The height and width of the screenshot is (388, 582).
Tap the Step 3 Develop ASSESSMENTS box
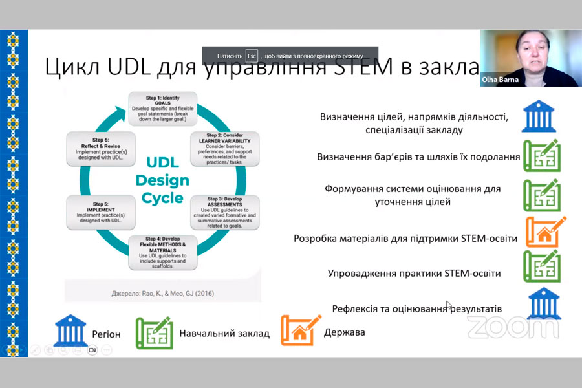(x=224, y=211)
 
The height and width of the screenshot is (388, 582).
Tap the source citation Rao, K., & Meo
(x=162, y=294)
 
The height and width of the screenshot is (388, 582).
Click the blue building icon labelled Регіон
(x=70, y=330)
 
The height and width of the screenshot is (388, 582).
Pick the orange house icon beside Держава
(x=301, y=330)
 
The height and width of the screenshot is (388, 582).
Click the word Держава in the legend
(x=344, y=332)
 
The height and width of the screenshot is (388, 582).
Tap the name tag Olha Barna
(x=500, y=80)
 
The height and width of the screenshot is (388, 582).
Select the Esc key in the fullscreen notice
(x=252, y=56)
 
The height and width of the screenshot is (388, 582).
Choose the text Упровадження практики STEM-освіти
(x=414, y=274)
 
